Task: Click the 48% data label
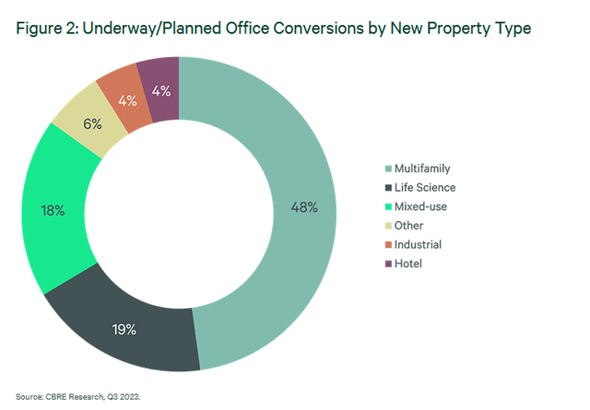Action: [304, 208]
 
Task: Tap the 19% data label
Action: [124, 329]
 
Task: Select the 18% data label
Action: [52, 211]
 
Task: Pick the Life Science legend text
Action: [425, 187]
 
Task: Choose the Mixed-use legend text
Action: [420, 206]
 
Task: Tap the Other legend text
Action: [408, 226]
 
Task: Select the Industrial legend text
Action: [418, 244]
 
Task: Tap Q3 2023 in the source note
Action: [134, 396]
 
